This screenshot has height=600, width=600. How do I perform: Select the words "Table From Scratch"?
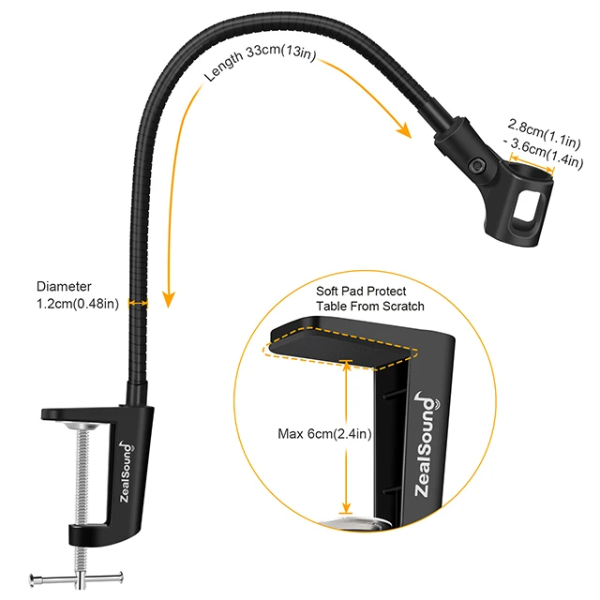pos(370,307)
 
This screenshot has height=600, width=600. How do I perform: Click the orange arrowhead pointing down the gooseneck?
pos(169,299)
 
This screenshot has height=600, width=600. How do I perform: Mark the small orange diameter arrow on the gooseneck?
pos(140,302)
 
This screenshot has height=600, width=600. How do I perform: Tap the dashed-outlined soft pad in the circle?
pos(337,344)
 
